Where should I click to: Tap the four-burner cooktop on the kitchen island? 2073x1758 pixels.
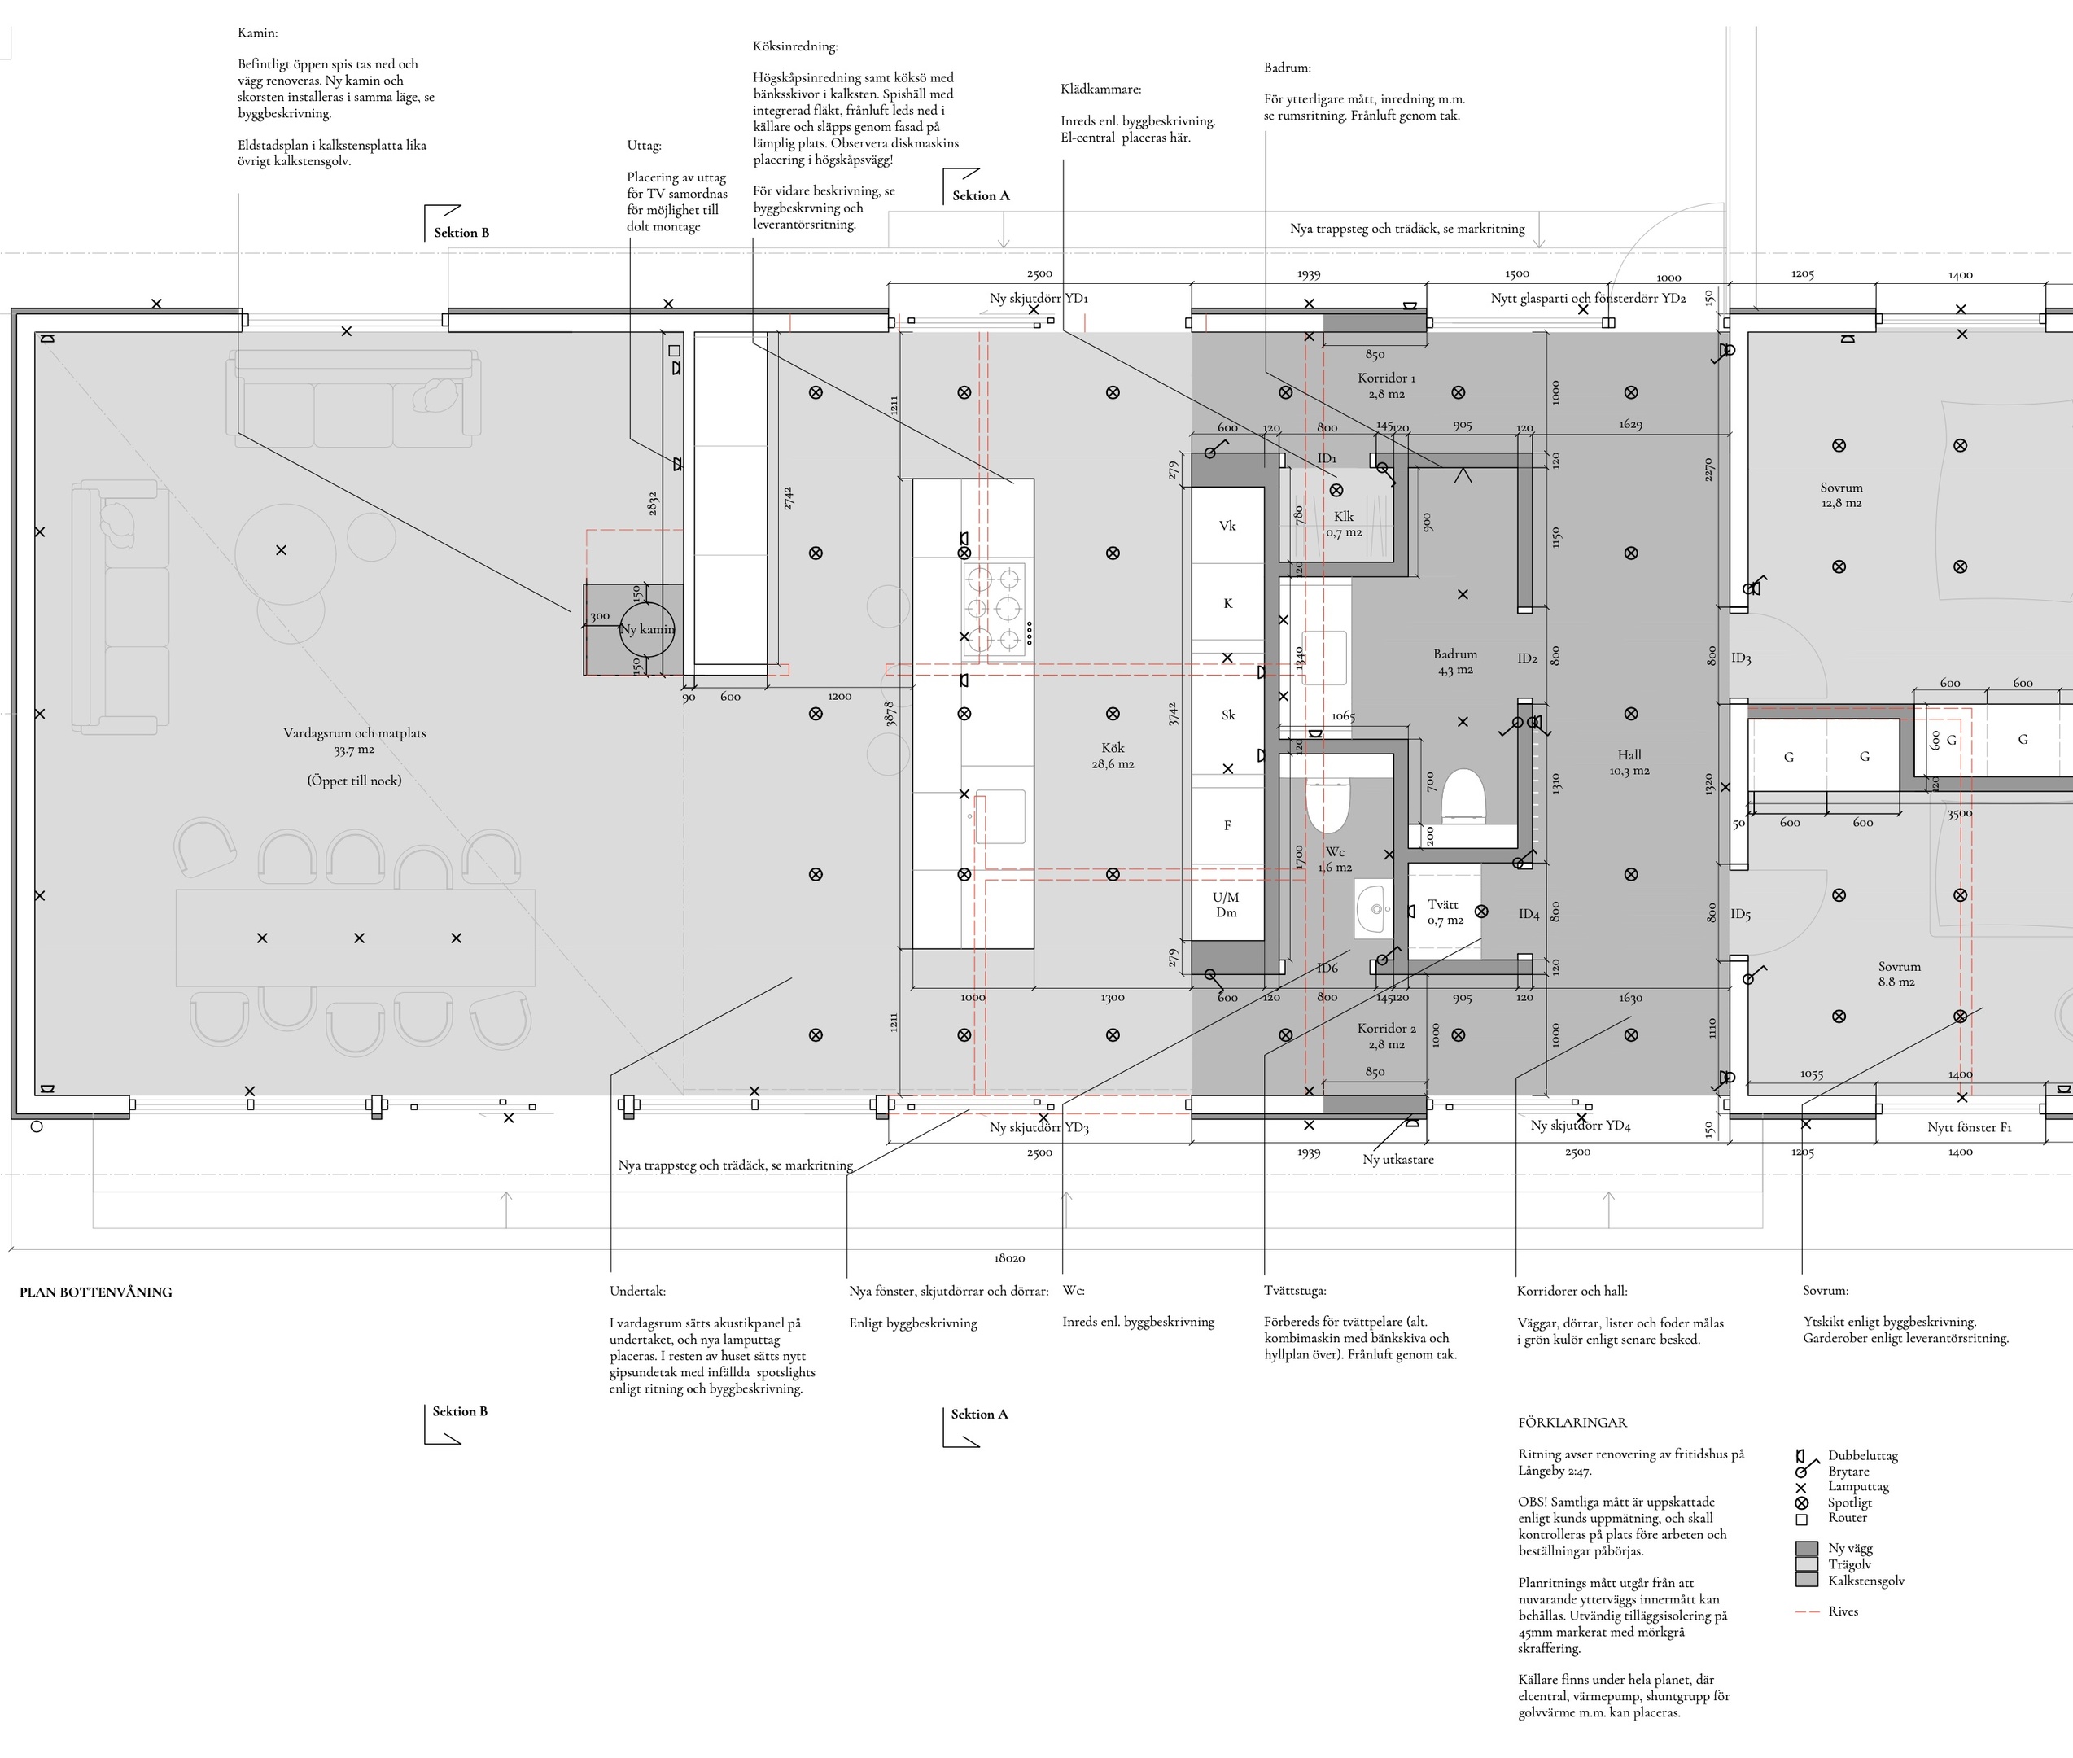[x=995, y=608]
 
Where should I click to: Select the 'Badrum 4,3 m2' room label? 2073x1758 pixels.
[x=1455, y=662]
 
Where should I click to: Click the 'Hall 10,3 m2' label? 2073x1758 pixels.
[x=1629, y=763]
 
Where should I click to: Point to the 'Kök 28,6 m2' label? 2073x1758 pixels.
[x=1113, y=755]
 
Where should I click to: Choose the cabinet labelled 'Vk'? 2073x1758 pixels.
[x=1228, y=525]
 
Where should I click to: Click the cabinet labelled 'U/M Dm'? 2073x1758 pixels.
[x=1227, y=904]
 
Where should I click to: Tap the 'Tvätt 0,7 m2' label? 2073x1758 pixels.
[x=1444, y=912]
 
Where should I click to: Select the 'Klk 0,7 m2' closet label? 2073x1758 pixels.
[x=1344, y=524]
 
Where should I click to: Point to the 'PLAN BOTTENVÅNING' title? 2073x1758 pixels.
[x=96, y=1292]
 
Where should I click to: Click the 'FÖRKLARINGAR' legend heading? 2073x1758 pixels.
[x=1572, y=1423]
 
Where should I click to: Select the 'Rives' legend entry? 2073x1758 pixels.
[x=1843, y=1611]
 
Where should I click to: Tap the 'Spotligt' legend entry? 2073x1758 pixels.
[x=1850, y=1503]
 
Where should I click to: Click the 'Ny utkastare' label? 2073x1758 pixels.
[x=1398, y=1160]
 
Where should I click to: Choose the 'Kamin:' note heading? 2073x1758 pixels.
[x=257, y=33]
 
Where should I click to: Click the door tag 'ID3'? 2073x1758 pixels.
[x=1741, y=658]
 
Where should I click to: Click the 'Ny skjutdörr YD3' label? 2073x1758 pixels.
[x=1039, y=1127]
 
